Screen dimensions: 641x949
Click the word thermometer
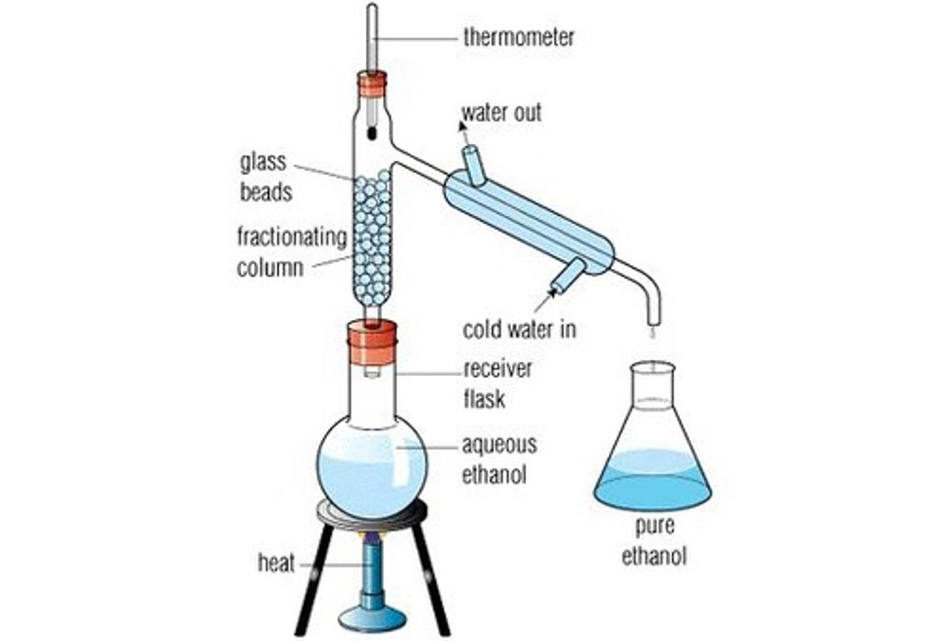pos(519,37)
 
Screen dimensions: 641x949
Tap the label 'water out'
pos(502,113)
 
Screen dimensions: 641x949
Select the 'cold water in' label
pos(519,329)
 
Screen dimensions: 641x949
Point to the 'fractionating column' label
pos(291,252)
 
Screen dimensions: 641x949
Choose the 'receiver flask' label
pos(498,383)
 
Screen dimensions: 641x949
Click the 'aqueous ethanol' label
pos(499,459)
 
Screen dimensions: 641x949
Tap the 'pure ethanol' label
pos(654,540)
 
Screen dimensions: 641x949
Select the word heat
pos(276,564)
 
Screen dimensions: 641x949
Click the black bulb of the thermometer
pos(372,132)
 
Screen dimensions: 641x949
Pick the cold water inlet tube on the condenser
pos(567,275)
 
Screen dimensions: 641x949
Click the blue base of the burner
pos(373,617)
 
